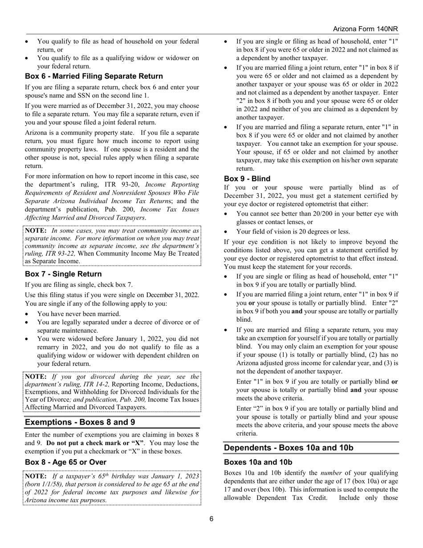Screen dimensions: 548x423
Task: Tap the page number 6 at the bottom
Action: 211,518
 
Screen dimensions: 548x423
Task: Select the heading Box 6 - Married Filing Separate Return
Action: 94,76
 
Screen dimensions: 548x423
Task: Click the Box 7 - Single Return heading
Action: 63,274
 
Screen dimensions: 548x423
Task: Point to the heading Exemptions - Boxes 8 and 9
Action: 80,422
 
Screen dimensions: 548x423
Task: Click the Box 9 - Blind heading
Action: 247,179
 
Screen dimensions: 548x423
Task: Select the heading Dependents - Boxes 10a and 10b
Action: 288,448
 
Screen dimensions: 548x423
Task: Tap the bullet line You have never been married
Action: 79,314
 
